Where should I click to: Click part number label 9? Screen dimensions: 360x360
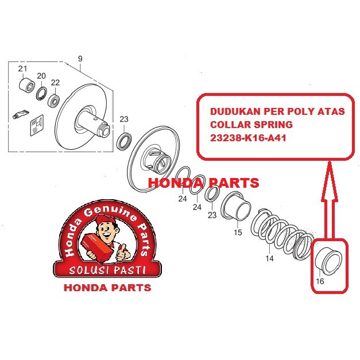tap(80, 58)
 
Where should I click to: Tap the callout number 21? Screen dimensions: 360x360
tap(22, 69)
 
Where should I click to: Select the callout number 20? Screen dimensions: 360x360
tap(41, 76)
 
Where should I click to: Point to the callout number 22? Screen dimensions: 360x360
tap(55, 82)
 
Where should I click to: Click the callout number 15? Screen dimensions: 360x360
tap(238, 233)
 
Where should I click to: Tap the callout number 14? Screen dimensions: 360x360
tap(269, 259)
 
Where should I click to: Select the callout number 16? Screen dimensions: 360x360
tap(320, 281)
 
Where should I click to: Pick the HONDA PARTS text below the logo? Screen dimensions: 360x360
tap(107, 287)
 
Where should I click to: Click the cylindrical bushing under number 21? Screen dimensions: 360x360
tap(26, 87)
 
